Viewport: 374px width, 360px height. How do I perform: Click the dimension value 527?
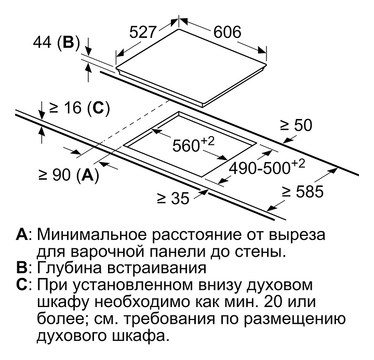[142, 32]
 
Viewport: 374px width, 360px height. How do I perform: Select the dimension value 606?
[226, 32]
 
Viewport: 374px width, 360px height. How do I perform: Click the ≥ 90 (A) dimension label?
[68, 174]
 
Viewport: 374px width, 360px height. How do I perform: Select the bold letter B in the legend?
[21, 268]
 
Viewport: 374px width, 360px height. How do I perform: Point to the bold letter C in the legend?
[22, 285]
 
